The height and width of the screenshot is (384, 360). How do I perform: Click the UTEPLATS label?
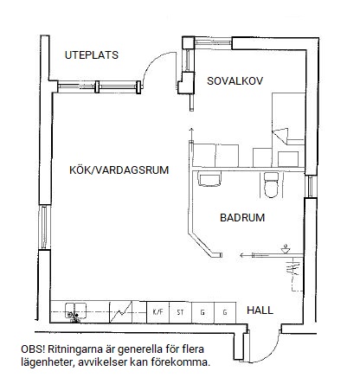(x=92, y=55)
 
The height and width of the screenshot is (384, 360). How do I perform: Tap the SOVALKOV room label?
(x=235, y=81)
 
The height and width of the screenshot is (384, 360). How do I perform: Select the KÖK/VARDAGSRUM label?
(x=119, y=170)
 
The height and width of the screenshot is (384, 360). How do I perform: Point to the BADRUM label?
(x=242, y=217)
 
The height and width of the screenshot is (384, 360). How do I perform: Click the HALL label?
(x=260, y=310)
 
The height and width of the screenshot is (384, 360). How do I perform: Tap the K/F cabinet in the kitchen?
(x=157, y=312)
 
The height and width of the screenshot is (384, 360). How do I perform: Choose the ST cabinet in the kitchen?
(x=180, y=312)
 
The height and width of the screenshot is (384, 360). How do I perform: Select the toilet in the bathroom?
(x=271, y=185)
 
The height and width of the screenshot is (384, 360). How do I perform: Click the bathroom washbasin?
(x=209, y=179)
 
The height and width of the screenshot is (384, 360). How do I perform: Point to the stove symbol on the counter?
(x=120, y=312)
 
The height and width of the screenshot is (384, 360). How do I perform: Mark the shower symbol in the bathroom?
(x=286, y=249)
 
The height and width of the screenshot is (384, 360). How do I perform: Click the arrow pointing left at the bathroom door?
(x=246, y=255)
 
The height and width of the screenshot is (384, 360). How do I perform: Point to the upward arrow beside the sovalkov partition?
(x=190, y=134)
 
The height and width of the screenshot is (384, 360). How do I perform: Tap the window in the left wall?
(x=44, y=227)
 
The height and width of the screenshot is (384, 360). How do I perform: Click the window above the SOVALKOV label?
(x=214, y=42)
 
